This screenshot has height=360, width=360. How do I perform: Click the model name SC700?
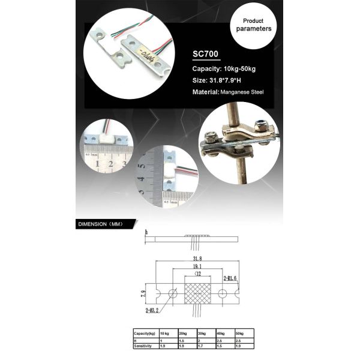coord(206,55)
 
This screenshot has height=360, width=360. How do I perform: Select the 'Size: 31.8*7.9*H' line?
coord(223,80)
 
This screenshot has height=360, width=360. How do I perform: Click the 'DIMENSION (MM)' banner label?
coord(100,224)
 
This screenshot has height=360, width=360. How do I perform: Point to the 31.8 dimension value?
coord(196,259)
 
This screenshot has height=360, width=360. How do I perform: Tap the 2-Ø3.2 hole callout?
coord(154,311)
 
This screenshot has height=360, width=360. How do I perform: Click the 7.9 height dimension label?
coord(143,294)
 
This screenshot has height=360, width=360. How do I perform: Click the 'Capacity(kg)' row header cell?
coord(145,332)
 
